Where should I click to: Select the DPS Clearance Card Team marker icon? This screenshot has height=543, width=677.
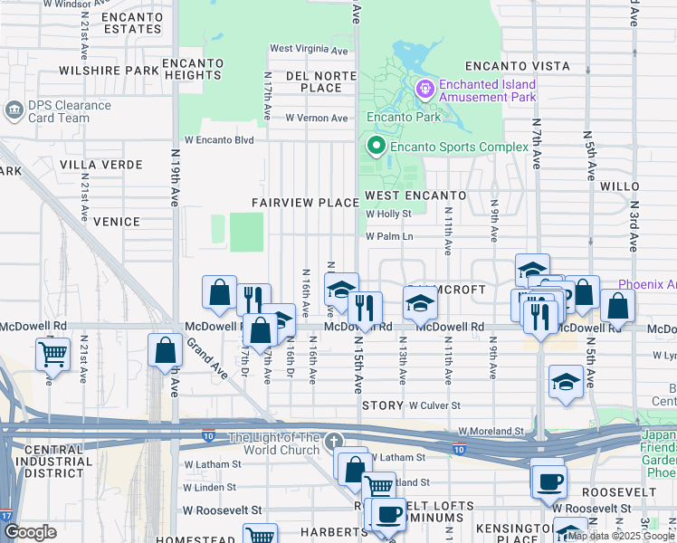(14, 111)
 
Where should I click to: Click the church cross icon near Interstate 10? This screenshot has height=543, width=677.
(334, 441)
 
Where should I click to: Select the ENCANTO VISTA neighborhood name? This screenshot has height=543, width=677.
(518, 67)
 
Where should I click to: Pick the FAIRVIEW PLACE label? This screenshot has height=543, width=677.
(305, 203)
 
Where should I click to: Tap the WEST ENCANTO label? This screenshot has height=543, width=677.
(415, 195)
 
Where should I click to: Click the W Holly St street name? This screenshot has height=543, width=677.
(389, 214)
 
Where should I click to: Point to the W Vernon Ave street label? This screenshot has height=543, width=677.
(317, 119)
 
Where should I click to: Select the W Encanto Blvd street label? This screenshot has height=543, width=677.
(219, 140)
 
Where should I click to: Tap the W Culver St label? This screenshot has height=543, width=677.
(435, 406)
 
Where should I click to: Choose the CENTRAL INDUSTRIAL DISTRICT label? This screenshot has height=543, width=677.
(54, 457)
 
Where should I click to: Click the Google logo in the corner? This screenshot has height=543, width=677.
(30, 532)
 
